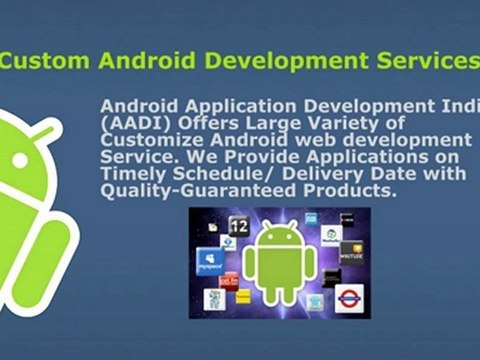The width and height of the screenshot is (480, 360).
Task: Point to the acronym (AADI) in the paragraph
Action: [x=131, y=122]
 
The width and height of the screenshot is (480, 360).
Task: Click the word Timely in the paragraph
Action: [x=134, y=175]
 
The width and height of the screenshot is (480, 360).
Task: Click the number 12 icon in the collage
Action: [x=238, y=228]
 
